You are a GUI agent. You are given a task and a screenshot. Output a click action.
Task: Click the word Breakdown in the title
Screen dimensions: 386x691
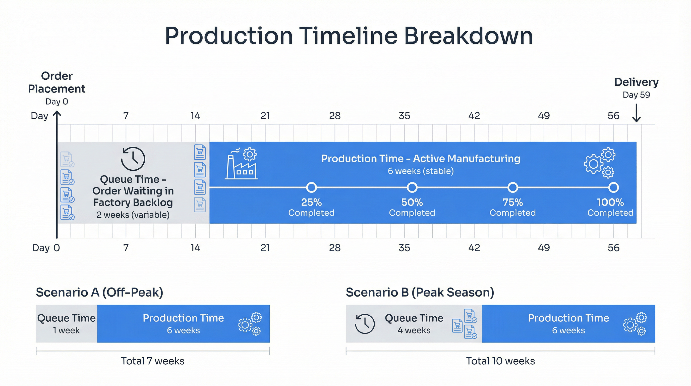click(x=468, y=36)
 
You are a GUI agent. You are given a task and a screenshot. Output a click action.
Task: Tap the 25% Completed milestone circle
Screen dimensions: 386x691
click(x=311, y=187)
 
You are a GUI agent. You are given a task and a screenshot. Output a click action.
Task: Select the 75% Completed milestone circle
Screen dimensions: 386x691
click(x=513, y=187)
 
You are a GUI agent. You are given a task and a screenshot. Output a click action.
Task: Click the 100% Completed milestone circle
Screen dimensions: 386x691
click(x=613, y=187)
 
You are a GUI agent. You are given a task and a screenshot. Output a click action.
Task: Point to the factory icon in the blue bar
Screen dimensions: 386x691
click(x=241, y=164)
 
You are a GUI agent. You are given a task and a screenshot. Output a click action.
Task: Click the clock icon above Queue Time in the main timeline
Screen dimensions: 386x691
click(x=133, y=159)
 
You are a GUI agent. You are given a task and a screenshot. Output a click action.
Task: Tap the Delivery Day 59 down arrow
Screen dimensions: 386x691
click(x=636, y=113)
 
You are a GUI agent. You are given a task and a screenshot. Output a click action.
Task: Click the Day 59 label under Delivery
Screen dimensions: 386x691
click(x=636, y=95)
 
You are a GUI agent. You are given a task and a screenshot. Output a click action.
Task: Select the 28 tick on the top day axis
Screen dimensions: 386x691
click(x=335, y=116)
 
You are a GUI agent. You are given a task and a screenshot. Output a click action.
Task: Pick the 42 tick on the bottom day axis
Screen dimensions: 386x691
click(x=474, y=248)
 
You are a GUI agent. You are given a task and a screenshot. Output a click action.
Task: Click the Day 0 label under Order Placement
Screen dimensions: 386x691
click(x=56, y=102)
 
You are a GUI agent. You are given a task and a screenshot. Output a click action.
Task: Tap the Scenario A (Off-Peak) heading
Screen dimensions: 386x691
click(x=99, y=292)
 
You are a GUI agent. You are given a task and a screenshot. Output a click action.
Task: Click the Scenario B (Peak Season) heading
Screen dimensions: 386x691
click(x=420, y=292)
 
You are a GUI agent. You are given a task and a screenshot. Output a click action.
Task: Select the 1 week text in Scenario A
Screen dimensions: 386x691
click(x=66, y=330)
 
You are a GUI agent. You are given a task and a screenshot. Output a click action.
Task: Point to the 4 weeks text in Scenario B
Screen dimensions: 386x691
click(x=414, y=330)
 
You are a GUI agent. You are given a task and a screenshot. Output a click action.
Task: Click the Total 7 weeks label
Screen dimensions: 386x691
click(x=153, y=361)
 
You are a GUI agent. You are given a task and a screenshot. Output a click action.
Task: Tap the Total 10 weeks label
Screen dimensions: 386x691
click(x=500, y=361)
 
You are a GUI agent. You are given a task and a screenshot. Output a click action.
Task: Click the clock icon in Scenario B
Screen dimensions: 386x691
click(x=365, y=324)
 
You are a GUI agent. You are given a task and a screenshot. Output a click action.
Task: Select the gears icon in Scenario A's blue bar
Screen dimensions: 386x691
click(x=250, y=324)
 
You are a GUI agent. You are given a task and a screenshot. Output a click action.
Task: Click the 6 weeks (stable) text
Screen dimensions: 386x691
click(x=421, y=171)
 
